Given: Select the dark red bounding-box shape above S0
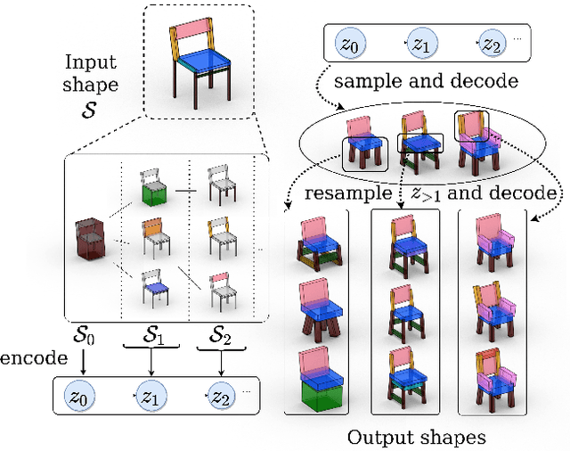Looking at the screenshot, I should coord(90,239).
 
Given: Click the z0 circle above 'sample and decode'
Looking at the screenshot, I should coord(345,41).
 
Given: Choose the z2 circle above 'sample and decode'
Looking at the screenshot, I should coord(492,41).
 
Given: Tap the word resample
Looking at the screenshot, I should coord(346,193).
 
